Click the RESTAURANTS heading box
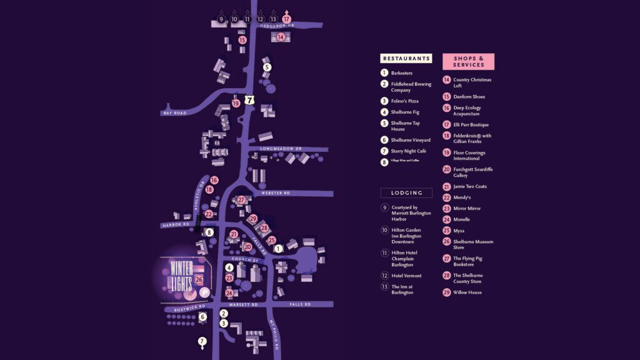(x=406, y=59)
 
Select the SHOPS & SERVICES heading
(x=469, y=61)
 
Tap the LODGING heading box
(x=406, y=193)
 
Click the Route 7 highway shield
(x=250, y=100)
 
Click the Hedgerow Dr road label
(x=276, y=26)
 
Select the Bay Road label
(x=175, y=113)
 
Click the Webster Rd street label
(x=276, y=193)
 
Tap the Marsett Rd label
(x=244, y=304)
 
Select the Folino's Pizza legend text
(x=404, y=101)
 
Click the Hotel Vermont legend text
(x=406, y=276)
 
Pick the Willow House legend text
(x=467, y=292)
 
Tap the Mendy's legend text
(x=462, y=197)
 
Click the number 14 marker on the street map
(x=281, y=37)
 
